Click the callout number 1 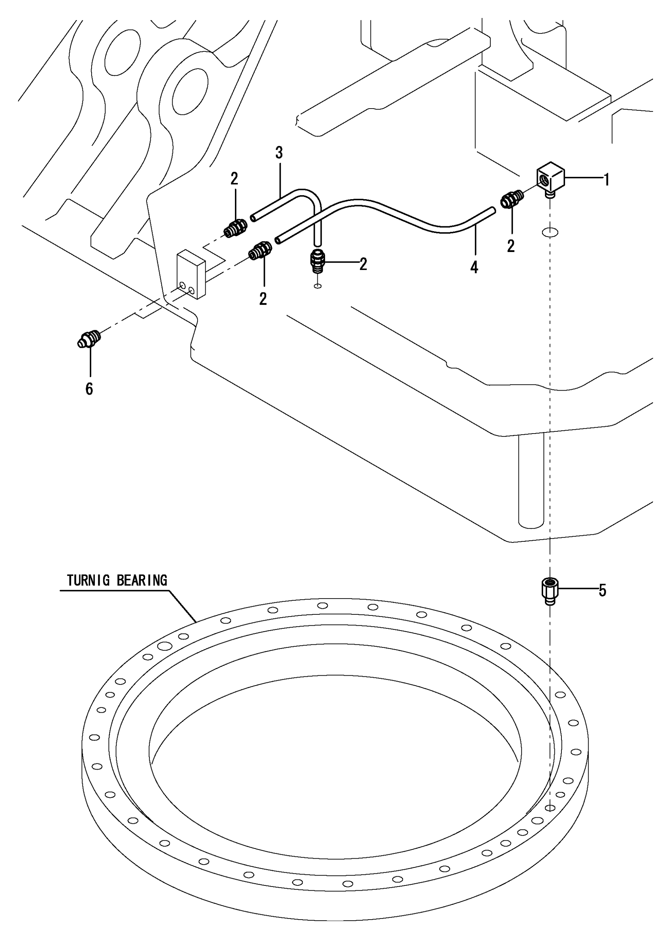tap(607, 180)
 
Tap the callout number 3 tap(279, 153)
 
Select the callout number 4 tap(474, 267)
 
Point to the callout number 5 tap(602, 591)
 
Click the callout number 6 tap(89, 389)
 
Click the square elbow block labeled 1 tap(550, 178)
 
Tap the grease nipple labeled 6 tap(89, 339)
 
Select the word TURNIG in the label tap(88, 581)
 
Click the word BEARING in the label tap(142, 581)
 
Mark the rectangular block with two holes tap(191, 274)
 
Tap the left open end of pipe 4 tap(278, 240)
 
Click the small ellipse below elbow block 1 tap(550, 233)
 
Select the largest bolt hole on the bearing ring tap(165, 646)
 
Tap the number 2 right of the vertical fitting tap(363, 264)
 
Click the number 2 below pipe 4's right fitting tap(511, 246)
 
